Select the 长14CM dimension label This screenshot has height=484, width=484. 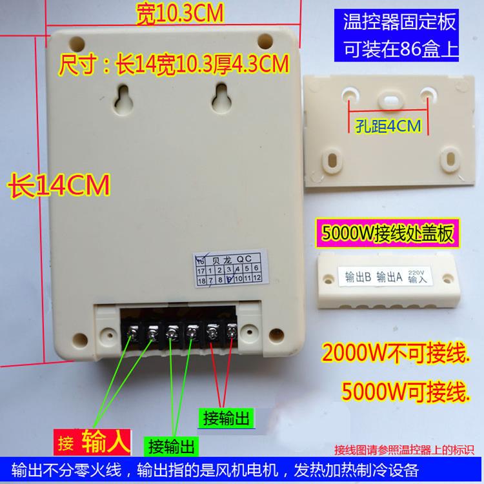point(58,185)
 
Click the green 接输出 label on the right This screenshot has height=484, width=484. point(226,415)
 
